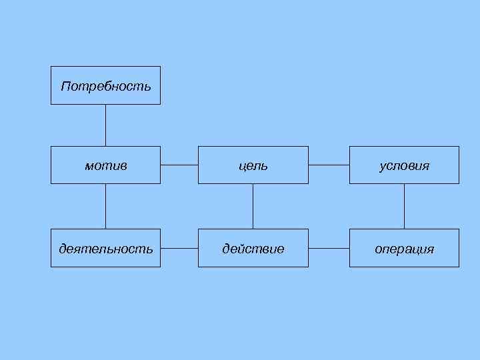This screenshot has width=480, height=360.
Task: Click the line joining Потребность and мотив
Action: click(105, 125)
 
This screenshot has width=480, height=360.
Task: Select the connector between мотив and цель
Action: click(179, 165)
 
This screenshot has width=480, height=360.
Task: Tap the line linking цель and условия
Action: click(329, 165)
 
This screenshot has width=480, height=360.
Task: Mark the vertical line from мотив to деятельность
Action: click(105, 206)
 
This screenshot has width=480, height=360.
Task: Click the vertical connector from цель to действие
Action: click(253, 206)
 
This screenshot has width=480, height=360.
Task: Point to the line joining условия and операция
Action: click(404, 206)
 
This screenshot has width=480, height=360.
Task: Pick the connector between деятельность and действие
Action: click(179, 249)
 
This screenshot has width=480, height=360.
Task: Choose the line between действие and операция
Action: click(329, 249)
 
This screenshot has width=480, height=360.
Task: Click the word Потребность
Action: click(105, 87)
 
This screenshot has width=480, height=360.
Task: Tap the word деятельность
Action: click(105, 249)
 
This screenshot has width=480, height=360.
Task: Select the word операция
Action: click(404, 249)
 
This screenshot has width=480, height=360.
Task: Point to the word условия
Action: click(404, 165)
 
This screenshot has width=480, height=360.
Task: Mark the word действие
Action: click(253, 249)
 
